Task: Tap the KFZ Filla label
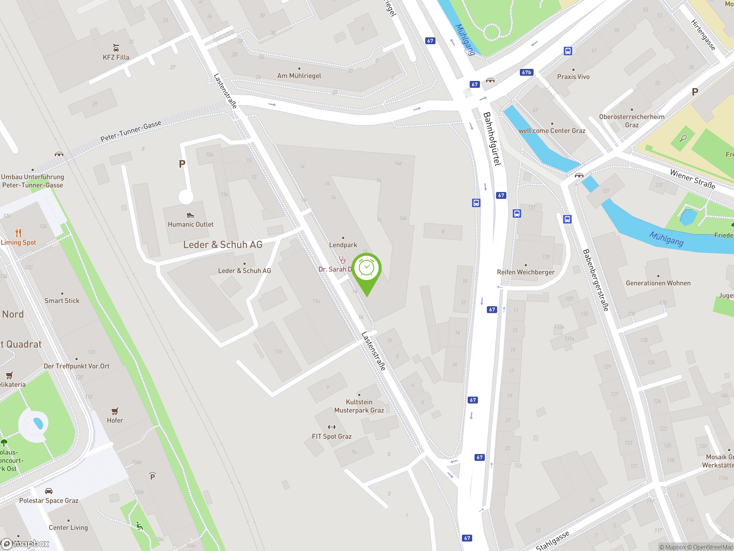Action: tap(116, 57)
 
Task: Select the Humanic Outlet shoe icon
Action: tap(190, 215)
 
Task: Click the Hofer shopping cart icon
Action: tap(115, 411)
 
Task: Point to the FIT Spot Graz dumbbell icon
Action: tap(331, 427)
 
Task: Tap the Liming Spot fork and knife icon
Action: tap(18, 233)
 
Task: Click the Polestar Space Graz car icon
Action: tap(48, 491)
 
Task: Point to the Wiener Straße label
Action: tap(692, 179)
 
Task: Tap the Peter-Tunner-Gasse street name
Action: tap(131, 131)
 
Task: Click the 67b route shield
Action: tap(526, 72)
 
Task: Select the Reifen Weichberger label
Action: tap(526, 272)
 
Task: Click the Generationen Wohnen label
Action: tap(658, 283)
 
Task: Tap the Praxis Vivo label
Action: tap(573, 77)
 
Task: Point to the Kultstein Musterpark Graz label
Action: tap(359, 406)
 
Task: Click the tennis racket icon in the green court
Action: tap(683, 138)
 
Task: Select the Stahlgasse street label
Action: tap(553, 540)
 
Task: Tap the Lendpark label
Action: tap(343, 245)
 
